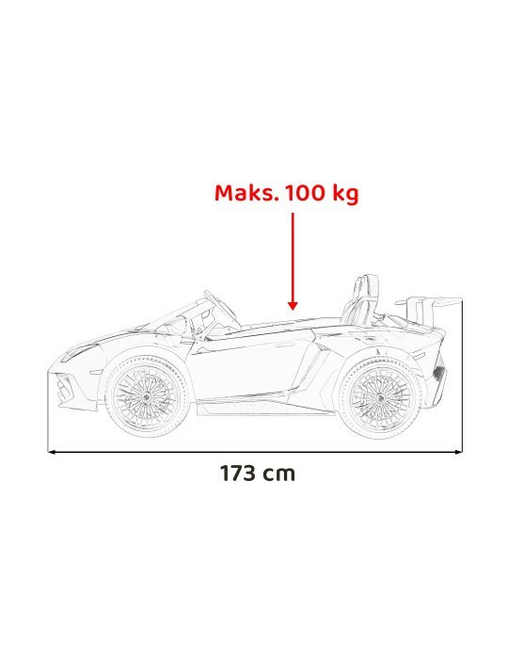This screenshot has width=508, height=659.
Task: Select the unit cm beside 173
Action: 279,474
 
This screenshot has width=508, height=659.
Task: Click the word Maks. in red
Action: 246,194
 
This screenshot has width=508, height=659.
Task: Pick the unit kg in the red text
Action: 344,194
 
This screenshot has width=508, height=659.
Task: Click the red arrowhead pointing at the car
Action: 293,304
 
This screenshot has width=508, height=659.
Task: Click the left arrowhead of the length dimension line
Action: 53,452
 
